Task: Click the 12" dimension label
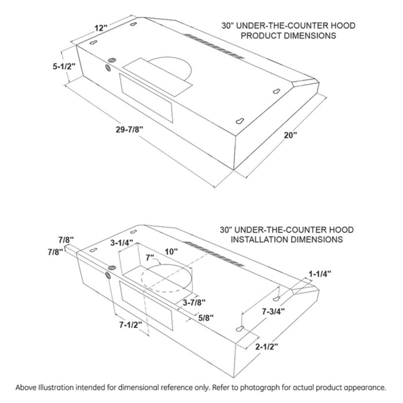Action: click(101, 28)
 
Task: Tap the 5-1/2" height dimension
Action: click(64, 66)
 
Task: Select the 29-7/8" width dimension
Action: click(129, 129)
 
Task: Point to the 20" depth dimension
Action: click(291, 135)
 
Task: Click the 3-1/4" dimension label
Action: click(122, 243)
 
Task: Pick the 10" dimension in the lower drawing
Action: click(171, 251)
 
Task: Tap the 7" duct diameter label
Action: click(150, 258)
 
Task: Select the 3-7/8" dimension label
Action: click(194, 303)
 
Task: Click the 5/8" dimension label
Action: click(206, 318)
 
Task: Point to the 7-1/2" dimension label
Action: click(131, 325)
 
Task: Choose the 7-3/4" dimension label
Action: click(274, 312)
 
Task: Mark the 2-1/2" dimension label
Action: click(267, 347)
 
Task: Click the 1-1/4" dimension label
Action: click(320, 274)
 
